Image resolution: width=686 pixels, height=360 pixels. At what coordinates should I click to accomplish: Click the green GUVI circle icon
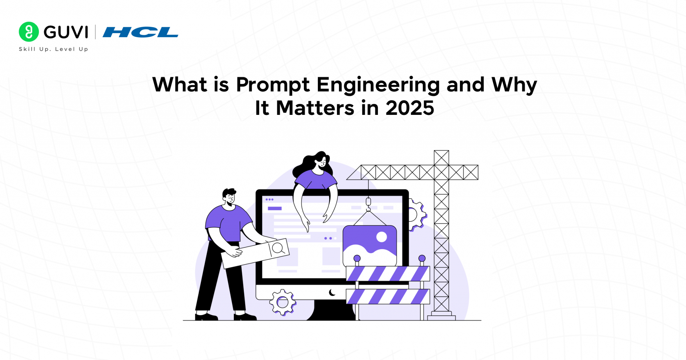(29, 32)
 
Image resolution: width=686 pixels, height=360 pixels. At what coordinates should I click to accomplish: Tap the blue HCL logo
(140, 32)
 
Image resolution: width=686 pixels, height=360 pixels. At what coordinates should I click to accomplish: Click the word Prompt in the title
(273, 85)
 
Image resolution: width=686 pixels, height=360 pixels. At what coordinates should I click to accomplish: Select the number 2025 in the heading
(410, 108)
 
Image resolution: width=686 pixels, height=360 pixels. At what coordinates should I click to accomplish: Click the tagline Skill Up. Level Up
(54, 49)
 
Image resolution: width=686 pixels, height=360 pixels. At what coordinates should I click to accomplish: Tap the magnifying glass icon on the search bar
(278, 248)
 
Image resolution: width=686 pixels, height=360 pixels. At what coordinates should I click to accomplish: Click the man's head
(229, 198)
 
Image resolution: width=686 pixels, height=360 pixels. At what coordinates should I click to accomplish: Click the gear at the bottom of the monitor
(282, 302)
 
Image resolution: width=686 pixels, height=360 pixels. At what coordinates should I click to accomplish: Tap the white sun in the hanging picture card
(382, 237)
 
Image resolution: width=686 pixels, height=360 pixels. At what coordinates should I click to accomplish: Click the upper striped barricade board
(388, 274)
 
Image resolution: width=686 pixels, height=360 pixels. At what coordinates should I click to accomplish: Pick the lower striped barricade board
(388, 296)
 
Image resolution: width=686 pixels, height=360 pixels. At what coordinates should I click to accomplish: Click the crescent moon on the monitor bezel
(332, 293)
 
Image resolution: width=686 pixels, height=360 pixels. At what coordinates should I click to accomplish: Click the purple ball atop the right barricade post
(422, 258)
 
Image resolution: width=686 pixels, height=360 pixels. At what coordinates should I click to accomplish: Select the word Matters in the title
(315, 108)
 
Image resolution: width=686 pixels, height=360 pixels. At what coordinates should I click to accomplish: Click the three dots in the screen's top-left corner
(269, 200)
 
